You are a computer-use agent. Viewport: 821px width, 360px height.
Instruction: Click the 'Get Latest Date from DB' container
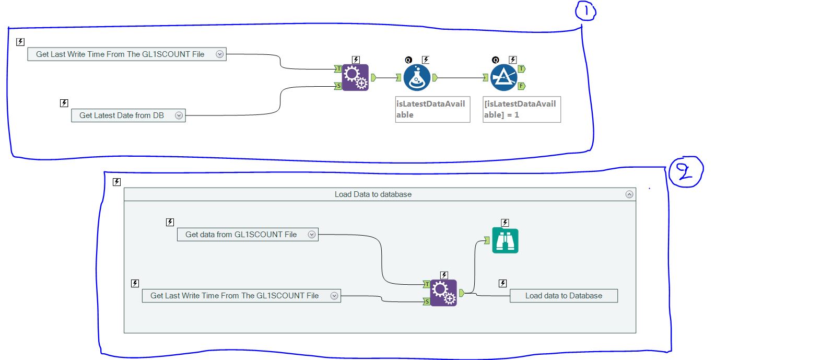point(122,115)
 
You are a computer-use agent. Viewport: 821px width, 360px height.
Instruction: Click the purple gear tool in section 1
point(355,77)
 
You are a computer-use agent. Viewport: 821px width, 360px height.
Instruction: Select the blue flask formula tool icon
point(417,77)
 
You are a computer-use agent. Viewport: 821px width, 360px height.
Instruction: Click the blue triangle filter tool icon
point(504,77)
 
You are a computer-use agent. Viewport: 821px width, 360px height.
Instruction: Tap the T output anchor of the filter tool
point(522,68)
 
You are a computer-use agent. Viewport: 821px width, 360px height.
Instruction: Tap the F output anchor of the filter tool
point(522,86)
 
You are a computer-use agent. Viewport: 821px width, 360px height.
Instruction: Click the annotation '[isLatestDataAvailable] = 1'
point(521,109)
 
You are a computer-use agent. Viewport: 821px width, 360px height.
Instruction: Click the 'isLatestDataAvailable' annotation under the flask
point(432,109)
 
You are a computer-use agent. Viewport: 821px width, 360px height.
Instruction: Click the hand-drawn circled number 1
point(585,11)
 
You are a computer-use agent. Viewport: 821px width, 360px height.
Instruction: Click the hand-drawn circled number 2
point(685,172)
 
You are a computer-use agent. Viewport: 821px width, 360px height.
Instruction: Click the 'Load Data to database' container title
point(373,194)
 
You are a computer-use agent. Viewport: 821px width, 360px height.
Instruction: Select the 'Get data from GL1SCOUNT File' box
point(241,235)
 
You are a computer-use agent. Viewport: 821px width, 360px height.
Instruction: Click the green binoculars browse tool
point(505,240)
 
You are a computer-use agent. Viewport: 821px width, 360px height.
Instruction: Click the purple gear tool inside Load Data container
point(443,293)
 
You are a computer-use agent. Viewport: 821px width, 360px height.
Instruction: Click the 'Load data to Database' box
point(564,296)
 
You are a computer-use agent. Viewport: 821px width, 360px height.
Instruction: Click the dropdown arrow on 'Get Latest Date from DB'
point(179,115)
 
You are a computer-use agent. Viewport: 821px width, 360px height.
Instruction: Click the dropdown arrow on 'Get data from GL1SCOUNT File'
point(312,235)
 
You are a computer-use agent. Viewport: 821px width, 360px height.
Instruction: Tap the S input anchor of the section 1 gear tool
point(338,86)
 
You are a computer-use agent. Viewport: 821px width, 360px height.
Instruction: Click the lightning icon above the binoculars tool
point(505,223)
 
